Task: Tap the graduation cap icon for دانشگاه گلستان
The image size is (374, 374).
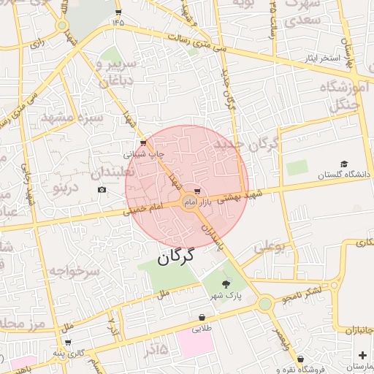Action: [344, 164]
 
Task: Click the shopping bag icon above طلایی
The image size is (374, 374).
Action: [202, 318]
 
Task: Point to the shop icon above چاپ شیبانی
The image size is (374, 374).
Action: [142, 143]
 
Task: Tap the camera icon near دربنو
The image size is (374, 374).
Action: [102, 190]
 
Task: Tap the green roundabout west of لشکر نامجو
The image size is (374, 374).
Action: [264, 303]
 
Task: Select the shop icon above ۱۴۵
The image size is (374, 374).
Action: [118, 12]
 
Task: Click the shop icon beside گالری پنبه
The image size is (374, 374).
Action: [68, 342]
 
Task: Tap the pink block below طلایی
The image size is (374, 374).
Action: [196, 346]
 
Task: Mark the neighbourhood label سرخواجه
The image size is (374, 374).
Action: [74, 271]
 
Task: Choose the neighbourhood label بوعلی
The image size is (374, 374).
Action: [270, 248]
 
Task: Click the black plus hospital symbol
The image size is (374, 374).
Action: [363, 355]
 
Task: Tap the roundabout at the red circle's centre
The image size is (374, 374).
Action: [188, 202]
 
